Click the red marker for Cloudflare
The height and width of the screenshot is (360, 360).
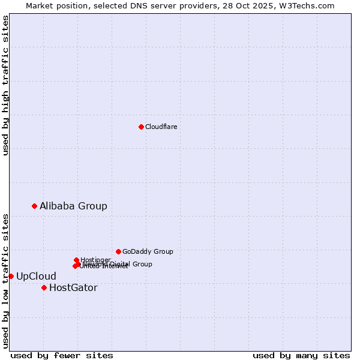[141, 127]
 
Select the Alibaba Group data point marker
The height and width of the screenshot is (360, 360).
[34, 206]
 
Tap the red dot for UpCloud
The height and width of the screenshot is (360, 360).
[11, 276]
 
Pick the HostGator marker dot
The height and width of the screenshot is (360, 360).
[44, 287]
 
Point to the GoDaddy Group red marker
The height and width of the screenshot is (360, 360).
[118, 251]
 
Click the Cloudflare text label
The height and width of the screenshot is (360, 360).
[161, 127]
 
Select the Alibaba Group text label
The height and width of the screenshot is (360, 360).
[73, 206]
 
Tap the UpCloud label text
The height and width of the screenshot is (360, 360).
[36, 276]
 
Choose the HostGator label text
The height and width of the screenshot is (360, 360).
[73, 287]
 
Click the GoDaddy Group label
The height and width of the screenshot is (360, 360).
[148, 251]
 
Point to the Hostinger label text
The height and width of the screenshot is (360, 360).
[95, 260]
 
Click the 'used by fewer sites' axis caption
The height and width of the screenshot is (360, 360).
[62, 355]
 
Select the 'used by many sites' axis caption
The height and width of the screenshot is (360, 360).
[301, 355]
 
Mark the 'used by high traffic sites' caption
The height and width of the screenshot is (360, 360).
[5, 85]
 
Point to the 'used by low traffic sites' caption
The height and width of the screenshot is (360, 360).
[5, 280]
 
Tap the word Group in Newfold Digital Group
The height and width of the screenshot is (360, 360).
[142, 264]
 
